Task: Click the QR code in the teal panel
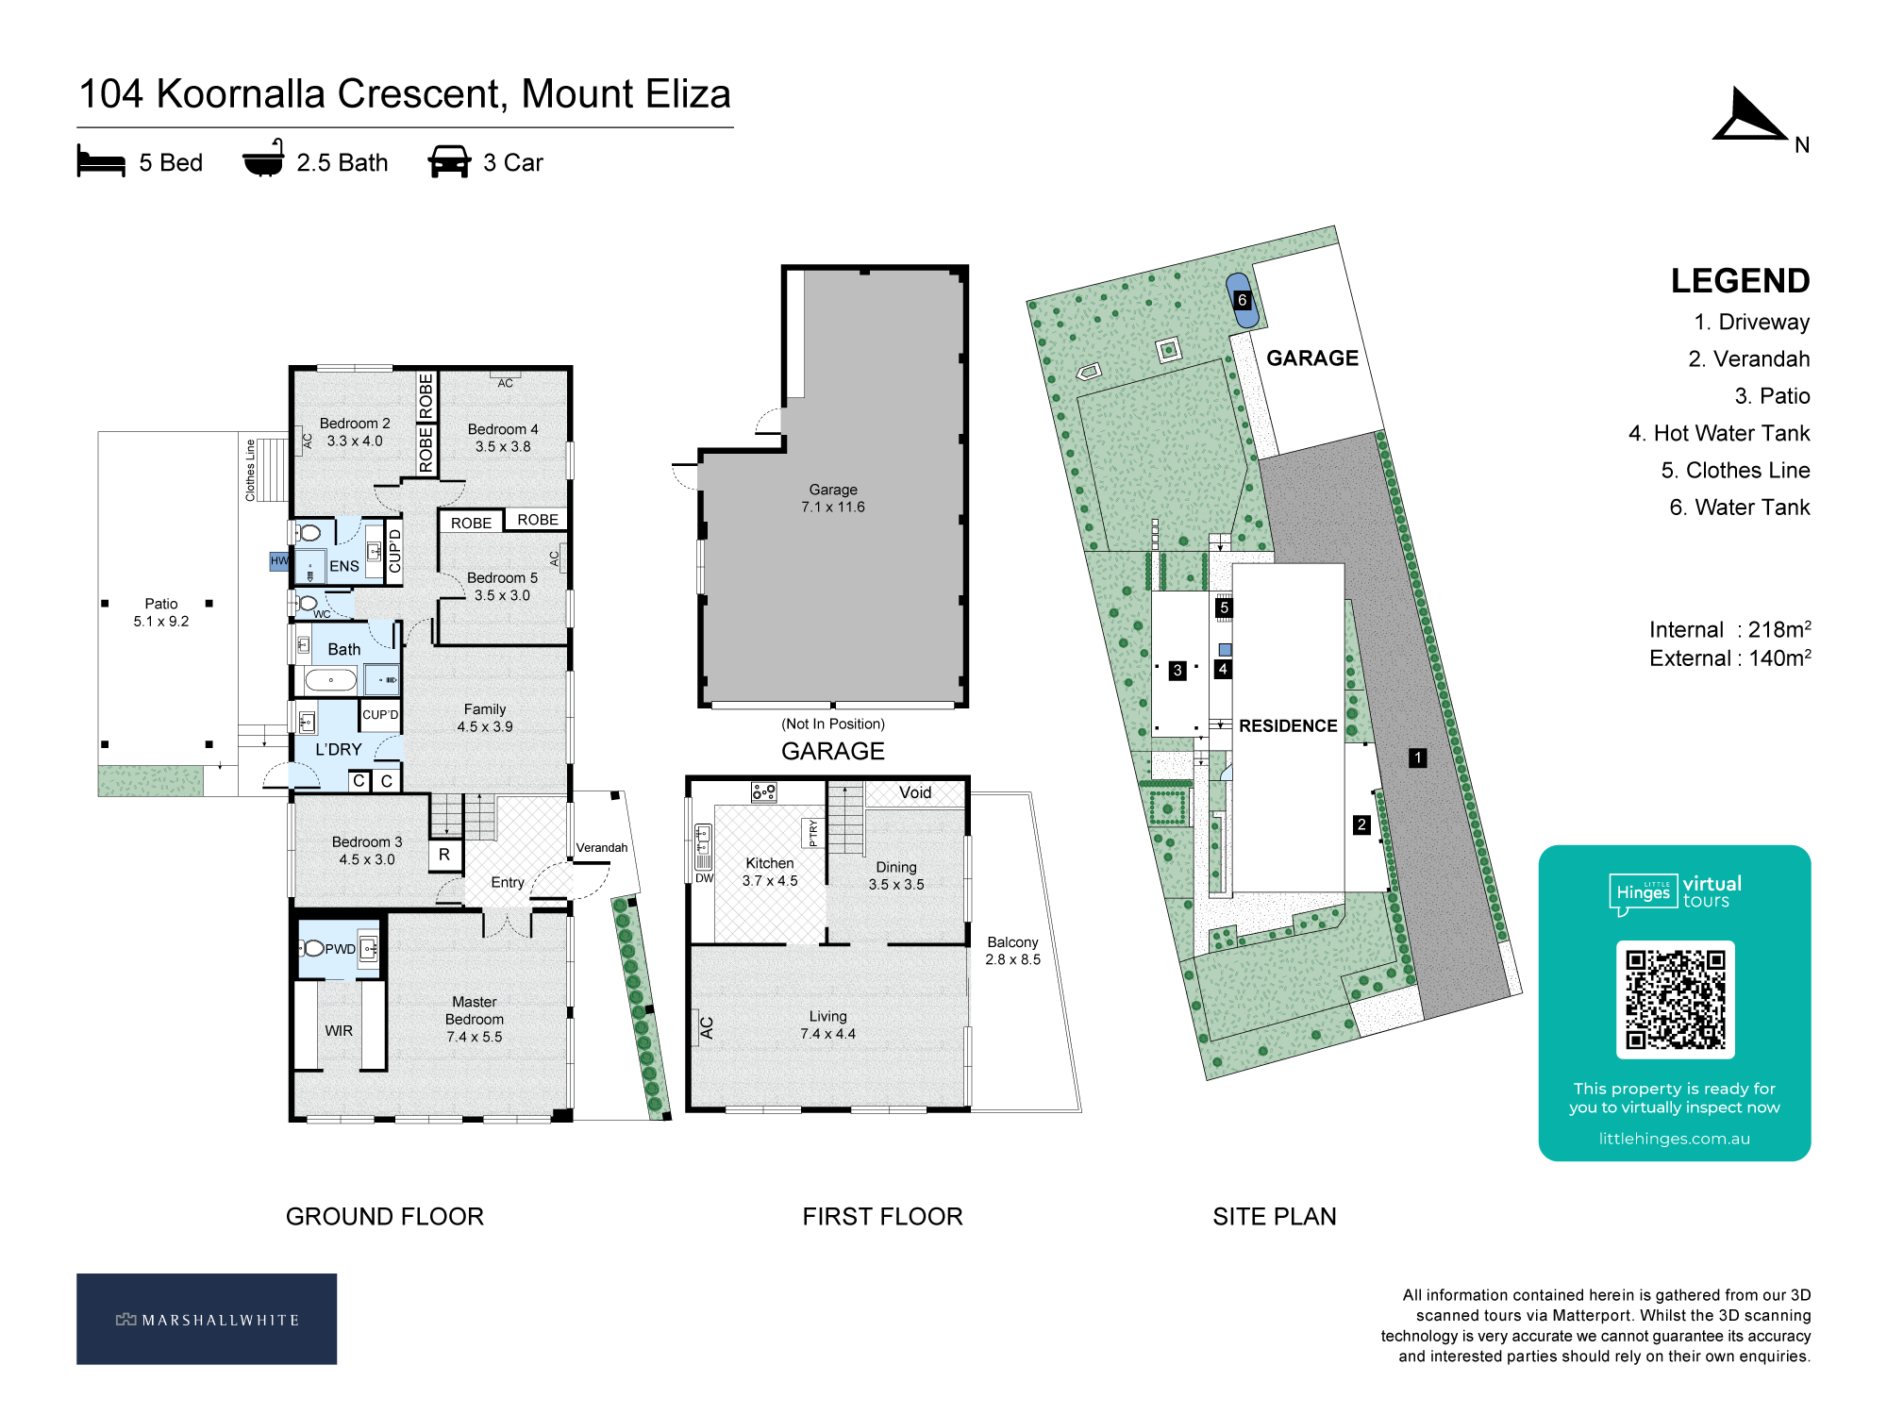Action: (1675, 999)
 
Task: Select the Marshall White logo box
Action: (207, 1319)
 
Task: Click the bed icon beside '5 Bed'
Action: (101, 161)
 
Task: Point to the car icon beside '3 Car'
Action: (449, 161)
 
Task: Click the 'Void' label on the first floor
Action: (915, 792)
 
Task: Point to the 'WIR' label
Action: (339, 1031)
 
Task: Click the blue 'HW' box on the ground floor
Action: (279, 561)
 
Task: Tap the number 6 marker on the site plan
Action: (1242, 300)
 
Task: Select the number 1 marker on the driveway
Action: (1417, 757)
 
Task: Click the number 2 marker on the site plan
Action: (1361, 824)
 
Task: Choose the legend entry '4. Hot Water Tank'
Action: (1719, 433)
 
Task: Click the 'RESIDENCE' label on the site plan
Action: (1288, 725)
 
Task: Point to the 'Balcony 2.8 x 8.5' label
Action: (1012, 951)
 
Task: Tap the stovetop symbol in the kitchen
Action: (763, 791)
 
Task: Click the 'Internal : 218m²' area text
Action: (1729, 629)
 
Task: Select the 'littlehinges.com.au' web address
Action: (1674, 1139)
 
